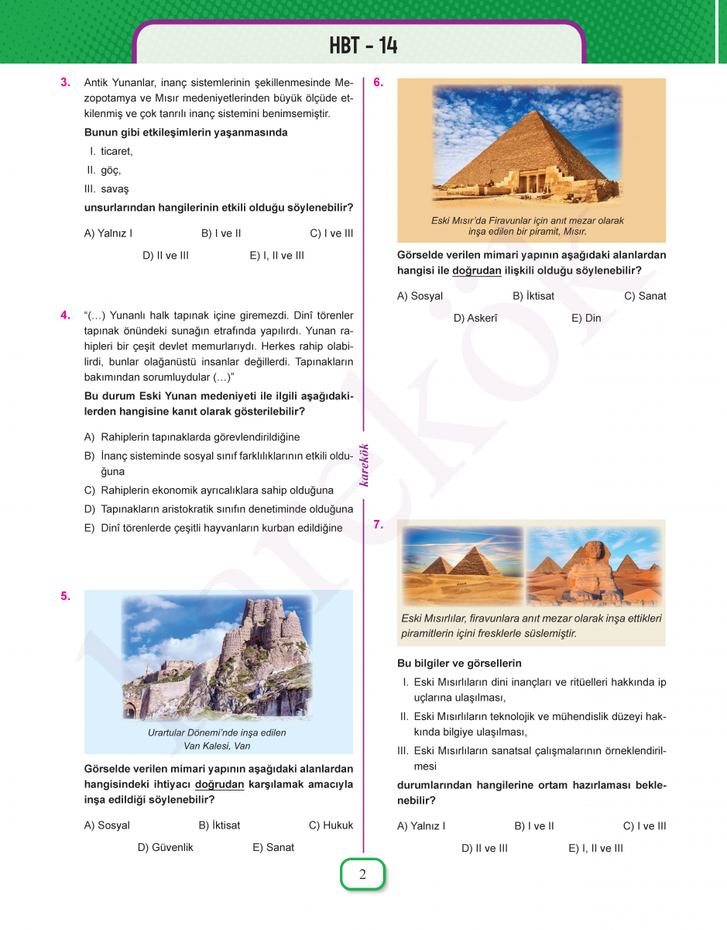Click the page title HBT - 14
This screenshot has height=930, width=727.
(x=363, y=46)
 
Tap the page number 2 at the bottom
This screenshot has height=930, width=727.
(x=362, y=875)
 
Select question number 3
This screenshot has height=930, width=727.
(x=66, y=82)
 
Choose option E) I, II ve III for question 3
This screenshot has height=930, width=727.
(x=276, y=255)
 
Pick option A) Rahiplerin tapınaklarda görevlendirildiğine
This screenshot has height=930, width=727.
(x=192, y=437)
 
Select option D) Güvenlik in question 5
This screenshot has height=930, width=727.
(x=165, y=847)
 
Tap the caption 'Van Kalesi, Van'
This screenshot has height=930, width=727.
(x=217, y=746)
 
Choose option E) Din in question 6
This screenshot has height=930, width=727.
(x=586, y=318)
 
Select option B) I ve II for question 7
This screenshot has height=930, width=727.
(x=533, y=826)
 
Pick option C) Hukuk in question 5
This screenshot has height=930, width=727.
(x=331, y=825)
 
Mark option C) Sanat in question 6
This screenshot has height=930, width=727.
(x=645, y=296)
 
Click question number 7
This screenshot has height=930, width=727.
(x=379, y=525)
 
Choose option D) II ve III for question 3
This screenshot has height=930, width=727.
(x=165, y=255)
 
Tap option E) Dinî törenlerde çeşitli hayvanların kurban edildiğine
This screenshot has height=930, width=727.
(x=213, y=528)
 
